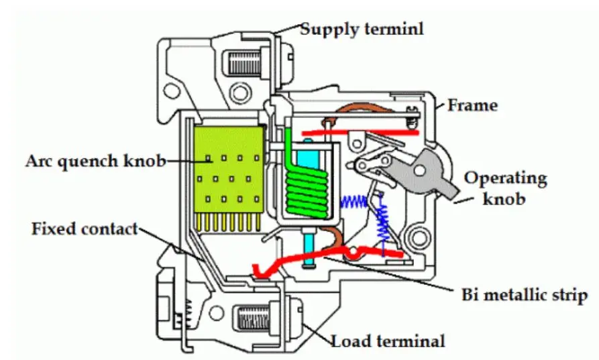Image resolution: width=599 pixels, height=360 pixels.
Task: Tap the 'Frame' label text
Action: pyautogui.click(x=472, y=105)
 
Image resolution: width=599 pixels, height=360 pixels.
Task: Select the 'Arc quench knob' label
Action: pyautogui.click(x=95, y=161)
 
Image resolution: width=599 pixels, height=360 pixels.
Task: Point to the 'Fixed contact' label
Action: pyautogui.click(x=84, y=229)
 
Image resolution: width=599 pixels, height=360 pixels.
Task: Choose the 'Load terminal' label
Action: pyautogui.click(x=388, y=341)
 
